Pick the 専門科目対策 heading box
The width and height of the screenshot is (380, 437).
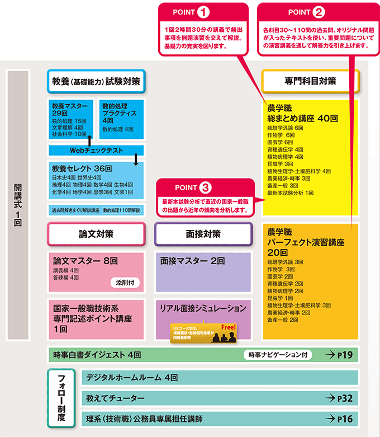[x=310, y=81]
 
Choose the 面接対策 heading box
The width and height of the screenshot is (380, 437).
[x=203, y=234]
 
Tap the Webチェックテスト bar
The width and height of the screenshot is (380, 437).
[x=96, y=150]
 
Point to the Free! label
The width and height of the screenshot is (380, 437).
[x=229, y=327]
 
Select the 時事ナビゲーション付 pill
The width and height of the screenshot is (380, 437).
[x=278, y=355]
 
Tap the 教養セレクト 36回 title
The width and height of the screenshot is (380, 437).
[x=82, y=167]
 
